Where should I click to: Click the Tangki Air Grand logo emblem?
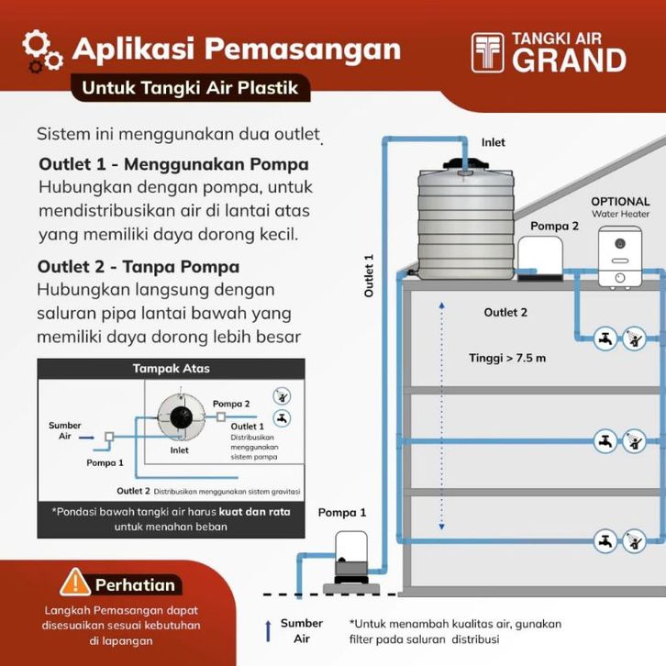pyautogui.click(x=488, y=53)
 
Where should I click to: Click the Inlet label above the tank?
pyautogui.click(x=493, y=143)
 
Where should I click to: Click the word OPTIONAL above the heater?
pyautogui.click(x=620, y=202)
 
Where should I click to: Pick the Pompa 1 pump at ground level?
pyautogui.click(x=349, y=556)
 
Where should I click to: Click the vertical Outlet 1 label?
pyautogui.click(x=369, y=276)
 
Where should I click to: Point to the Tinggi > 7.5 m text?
pyautogui.click(x=507, y=358)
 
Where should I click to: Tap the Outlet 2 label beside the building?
pyautogui.click(x=505, y=313)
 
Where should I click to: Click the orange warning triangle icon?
pyautogui.click(x=74, y=582)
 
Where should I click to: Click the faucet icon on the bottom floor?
pyautogui.click(x=605, y=541)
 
